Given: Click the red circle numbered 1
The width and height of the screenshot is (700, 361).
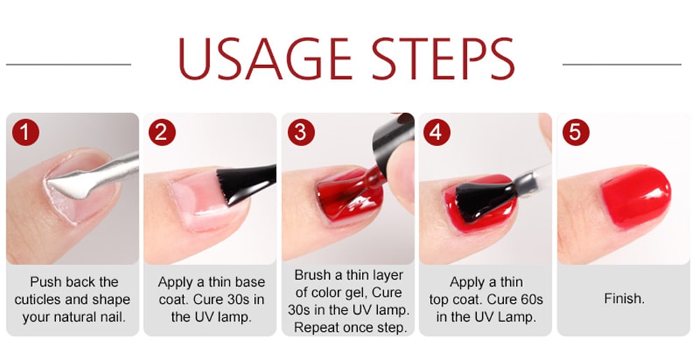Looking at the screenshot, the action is pos(25,132).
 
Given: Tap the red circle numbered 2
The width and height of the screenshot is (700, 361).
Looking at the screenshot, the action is pos(162,132).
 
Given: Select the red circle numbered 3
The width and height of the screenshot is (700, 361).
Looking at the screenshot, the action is pos(301,132).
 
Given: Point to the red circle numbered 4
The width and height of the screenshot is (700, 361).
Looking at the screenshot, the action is pos(437,132).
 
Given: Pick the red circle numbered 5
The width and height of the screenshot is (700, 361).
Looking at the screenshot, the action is pos(576,132).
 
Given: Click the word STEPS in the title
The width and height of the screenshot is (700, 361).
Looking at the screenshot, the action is pos(443,59).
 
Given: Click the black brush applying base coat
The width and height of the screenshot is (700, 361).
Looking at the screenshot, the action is pos(244,185).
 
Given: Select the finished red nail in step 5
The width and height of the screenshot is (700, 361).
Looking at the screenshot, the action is pos(636,197).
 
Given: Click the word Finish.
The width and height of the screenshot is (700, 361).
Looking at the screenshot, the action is pos(624,299).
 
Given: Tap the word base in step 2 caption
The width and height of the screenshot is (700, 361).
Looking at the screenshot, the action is pos(250,282).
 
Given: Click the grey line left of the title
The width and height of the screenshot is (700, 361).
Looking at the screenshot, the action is pos(69,64).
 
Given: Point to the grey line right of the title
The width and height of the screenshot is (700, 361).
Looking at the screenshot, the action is pos(622,64).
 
